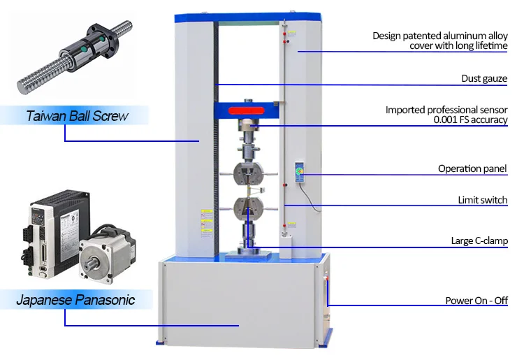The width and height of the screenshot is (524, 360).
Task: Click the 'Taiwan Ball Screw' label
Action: click(77, 116)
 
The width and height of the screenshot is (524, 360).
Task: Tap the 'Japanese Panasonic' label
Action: click(75, 301)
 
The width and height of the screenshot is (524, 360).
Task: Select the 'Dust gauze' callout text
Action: click(484, 78)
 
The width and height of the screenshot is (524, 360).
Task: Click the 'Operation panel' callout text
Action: click(472, 168)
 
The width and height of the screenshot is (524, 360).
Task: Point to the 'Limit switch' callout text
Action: click(482, 200)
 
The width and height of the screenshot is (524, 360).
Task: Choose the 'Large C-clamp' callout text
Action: click(479, 241)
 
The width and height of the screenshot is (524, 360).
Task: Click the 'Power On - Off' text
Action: click(476, 301)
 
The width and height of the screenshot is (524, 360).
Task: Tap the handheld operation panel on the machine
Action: click(300, 173)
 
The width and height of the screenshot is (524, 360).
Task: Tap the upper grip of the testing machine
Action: click(249, 172)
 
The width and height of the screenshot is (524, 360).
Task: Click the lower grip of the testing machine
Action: click(249, 208)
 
